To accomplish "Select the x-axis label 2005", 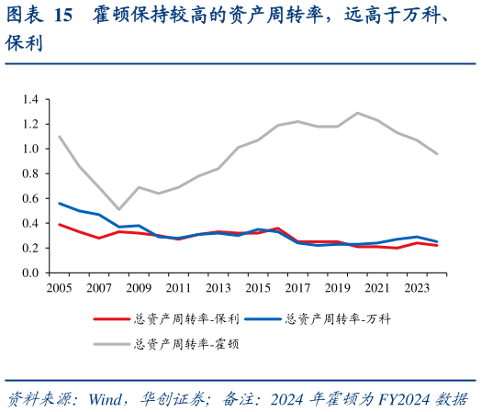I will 60,288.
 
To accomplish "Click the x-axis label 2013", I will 218,288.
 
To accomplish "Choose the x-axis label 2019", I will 337,288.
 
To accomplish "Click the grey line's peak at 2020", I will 357,113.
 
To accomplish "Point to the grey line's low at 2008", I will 118,209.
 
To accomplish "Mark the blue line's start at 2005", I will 60,203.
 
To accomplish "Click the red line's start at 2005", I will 60,224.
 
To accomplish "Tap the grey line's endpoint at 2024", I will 436,153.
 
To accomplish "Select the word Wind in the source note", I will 106,399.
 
